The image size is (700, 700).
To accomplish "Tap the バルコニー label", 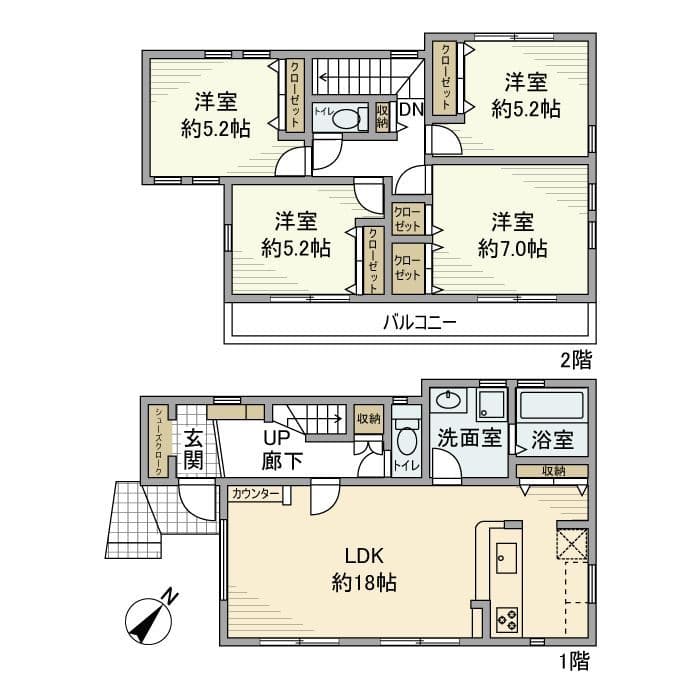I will [x=419, y=323].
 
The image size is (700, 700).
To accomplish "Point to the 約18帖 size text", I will [x=364, y=582].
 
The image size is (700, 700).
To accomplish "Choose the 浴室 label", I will [x=552, y=439].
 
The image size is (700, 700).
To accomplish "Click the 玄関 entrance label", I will [x=194, y=449].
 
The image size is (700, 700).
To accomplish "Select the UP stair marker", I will [x=277, y=438].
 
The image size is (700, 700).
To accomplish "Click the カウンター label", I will [x=255, y=494].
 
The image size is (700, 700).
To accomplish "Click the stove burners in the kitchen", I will [x=505, y=619].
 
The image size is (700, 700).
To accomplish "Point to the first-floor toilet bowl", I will [x=406, y=440].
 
